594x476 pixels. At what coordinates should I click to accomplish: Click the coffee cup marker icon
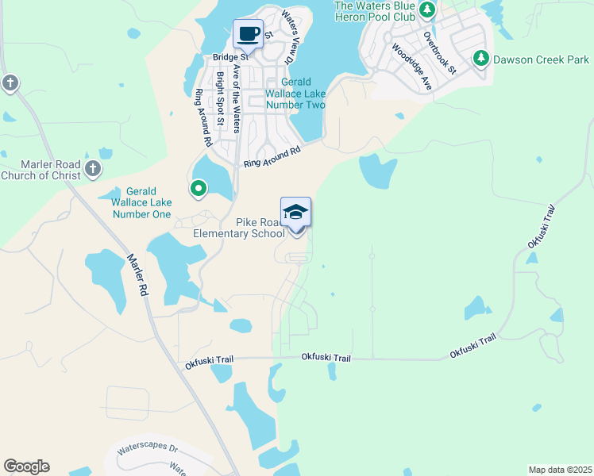pyautogui.click(x=249, y=34)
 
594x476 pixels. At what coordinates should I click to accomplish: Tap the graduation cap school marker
pyautogui.click(x=295, y=213)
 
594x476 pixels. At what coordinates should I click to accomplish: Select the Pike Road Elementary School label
pyautogui.click(x=239, y=228)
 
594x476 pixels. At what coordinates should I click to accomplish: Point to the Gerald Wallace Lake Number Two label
pyautogui.click(x=295, y=94)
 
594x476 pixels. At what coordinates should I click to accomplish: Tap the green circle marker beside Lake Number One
pyautogui.click(x=198, y=188)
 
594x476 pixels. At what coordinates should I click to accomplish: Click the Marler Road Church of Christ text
pyautogui.click(x=40, y=170)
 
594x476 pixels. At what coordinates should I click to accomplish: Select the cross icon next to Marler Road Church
pyautogui.click(x=93, y=167)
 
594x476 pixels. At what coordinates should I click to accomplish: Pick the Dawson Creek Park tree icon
pyautogui.click(x=480, y=58)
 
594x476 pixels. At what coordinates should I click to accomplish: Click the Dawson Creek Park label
pyautogui.click(x=541, y=59)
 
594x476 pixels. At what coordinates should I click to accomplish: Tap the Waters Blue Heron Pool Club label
pyautogui.click(x=374, y=10)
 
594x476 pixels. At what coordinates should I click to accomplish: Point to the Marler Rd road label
pyautogui.click(x=137, y=274)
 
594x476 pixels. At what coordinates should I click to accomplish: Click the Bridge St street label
pyautogui.click(x=230, y=57)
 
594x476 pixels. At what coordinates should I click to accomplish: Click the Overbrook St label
pyautogui.click(x=440, y=53)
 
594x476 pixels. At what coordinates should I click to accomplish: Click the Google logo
pyautogui.click(x=26, y=466)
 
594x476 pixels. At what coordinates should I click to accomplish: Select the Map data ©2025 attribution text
pyautogui.click(x=559, y=470)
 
